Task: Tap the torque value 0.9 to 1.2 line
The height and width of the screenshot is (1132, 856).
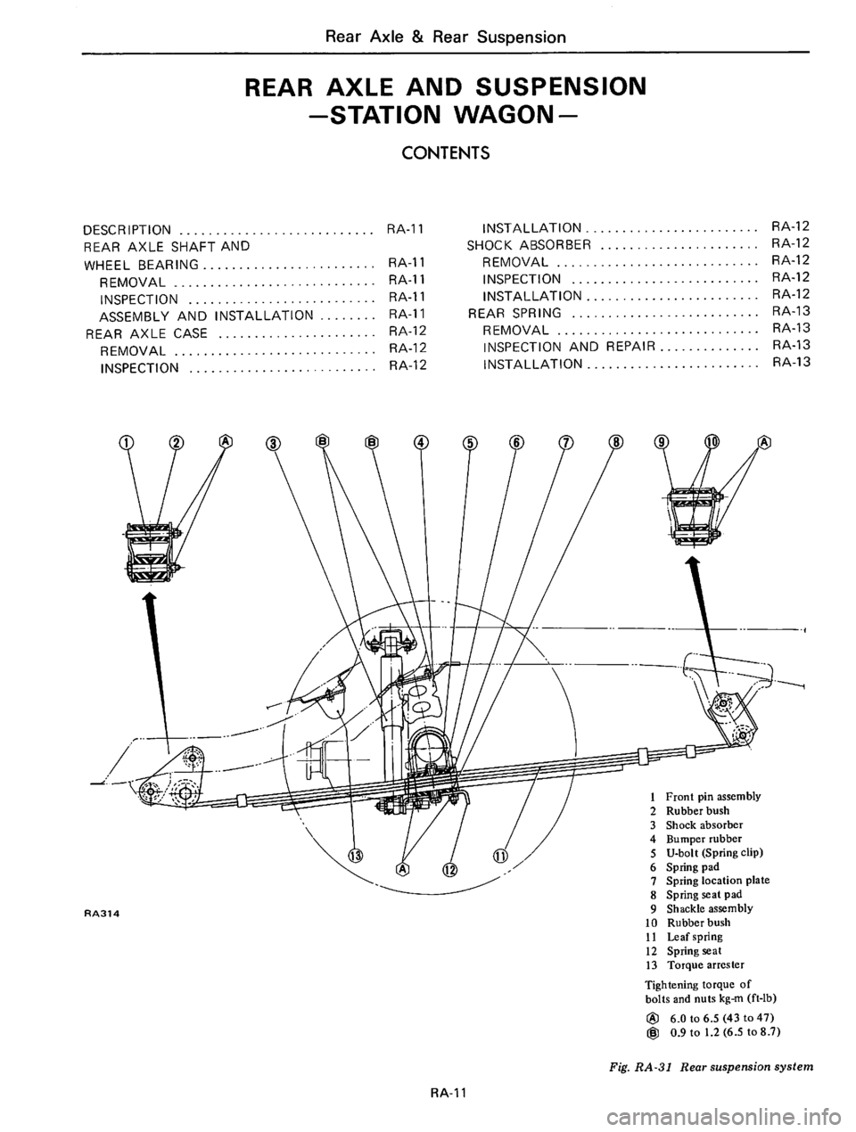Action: (728, 1030)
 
